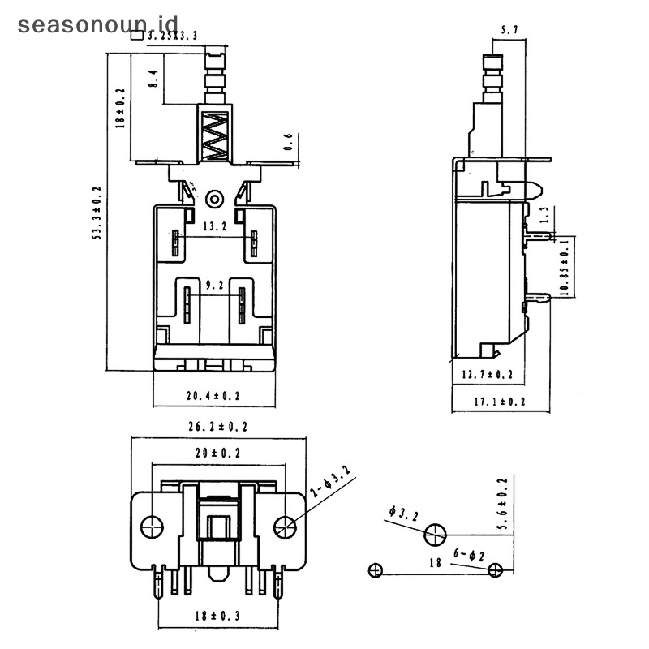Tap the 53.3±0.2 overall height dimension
(x=97, y=213)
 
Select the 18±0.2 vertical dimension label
(x=120, y=109)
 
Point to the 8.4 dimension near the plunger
(x=152, y=79)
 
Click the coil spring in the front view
(x=215, y=135)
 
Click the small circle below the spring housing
(x=215, y=198)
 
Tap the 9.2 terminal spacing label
(x=215, y=286)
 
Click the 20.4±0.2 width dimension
(x=214, y=396)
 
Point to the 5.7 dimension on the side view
(x=509, y=31)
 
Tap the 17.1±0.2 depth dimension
(x=500, y=401)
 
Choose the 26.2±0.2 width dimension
(x=218, y=427)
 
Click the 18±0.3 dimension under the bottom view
(x=218, y=616)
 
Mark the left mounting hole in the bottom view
(x=152, y=527)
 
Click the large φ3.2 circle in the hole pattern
(x=435, y=535)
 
